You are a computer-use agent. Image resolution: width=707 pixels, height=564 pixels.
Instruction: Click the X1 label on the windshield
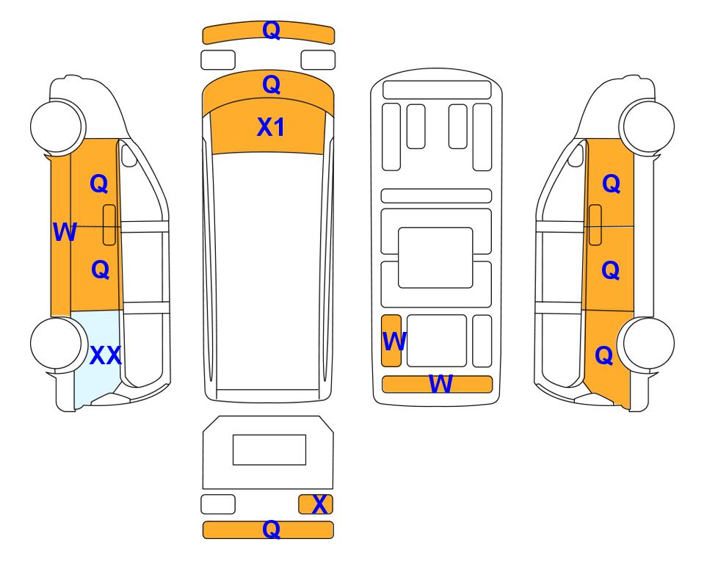click(x=270, y=127)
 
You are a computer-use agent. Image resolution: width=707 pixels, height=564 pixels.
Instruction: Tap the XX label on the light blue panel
click(x=106, y=355)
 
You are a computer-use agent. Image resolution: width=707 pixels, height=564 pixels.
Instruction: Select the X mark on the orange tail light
click(x=319, y=505)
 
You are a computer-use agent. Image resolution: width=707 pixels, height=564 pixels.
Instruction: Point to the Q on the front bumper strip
click(x=272, y=31)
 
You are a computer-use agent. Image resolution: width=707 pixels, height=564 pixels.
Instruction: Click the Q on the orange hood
click(x=272, y=85)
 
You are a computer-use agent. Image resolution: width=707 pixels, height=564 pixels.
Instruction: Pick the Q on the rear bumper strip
click(x=272, y=529)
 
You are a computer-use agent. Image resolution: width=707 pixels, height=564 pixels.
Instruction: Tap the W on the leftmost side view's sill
click(x=65, y=232)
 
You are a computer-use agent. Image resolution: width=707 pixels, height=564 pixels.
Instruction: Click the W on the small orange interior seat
click(x=394, y=341)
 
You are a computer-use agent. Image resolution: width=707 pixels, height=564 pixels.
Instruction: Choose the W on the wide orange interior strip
click(x=440, y=384)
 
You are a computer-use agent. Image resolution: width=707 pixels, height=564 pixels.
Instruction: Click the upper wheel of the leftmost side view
click(x=57, y=126)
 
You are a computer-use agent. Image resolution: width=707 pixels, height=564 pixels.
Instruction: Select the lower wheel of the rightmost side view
click(x=647, y=344)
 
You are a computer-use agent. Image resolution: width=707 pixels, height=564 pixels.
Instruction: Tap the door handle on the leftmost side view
click(x=109, y=225)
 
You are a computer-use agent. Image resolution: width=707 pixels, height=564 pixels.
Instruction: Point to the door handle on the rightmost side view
click(x=595, y=225)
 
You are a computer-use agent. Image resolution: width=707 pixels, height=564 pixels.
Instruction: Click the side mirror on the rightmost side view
click(x=576, y=156)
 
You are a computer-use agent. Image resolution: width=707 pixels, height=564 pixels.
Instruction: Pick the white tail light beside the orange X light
click(x=218, y=504)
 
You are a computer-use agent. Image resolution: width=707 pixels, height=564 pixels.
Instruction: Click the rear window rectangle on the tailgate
click(x=269, y=450)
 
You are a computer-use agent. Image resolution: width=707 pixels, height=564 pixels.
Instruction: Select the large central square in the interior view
click(x=435, y=258)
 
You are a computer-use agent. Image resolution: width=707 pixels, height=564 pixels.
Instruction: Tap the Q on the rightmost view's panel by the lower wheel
click(x=604, y=355)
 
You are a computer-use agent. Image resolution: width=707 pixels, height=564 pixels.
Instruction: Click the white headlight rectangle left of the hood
click(x=218, y=60)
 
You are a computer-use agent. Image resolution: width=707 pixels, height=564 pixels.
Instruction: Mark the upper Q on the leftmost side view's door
click(x=99, y=184)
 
